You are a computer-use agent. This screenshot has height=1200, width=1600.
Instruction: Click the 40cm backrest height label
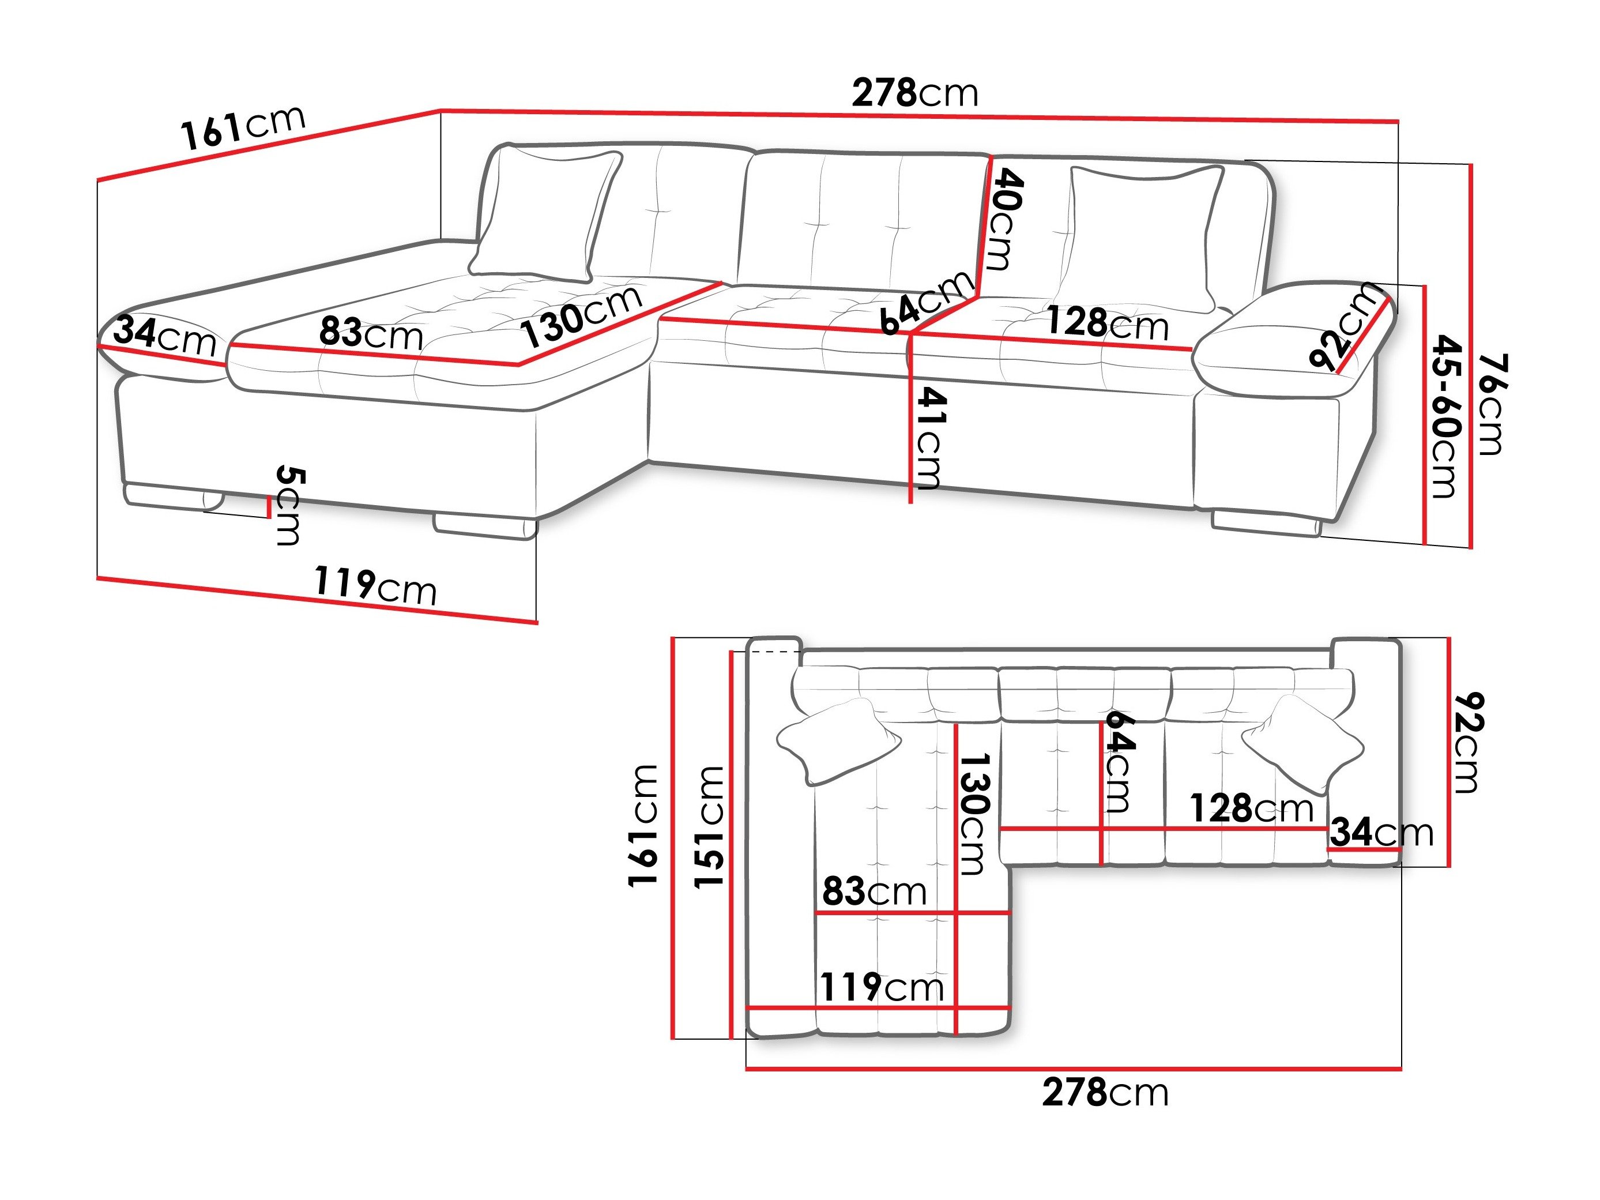[x=1006, y=220]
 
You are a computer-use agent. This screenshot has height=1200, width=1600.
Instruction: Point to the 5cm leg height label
[x=290, y=506]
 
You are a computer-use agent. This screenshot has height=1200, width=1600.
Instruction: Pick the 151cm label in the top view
[x=708, y=826]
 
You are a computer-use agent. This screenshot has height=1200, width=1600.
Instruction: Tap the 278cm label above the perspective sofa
[x=914, y=93]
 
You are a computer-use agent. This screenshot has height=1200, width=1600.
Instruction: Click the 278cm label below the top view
[x=1105, y=1093]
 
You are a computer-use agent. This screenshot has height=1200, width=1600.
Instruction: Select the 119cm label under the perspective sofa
[x=375, y=585]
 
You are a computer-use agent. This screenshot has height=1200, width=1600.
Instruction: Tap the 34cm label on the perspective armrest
[x=165, y=336]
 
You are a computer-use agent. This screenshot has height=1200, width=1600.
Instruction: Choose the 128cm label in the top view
[x=1251, y=808]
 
